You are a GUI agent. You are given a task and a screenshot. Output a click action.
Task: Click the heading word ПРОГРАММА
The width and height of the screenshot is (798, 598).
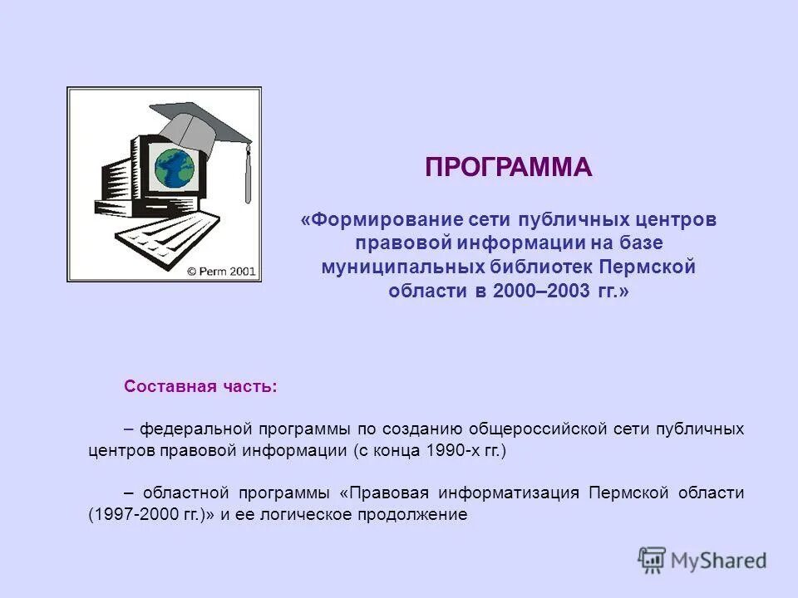[508, 167]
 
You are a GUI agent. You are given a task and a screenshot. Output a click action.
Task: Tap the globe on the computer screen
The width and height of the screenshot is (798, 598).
[174, 167]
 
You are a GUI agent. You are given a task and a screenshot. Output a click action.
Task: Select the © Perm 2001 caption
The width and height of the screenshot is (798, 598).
[221, 271]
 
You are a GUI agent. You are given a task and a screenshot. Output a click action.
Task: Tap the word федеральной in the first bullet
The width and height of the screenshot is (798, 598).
[195, 429]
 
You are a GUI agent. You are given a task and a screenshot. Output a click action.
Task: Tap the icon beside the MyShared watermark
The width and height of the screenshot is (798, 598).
[653, 561]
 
